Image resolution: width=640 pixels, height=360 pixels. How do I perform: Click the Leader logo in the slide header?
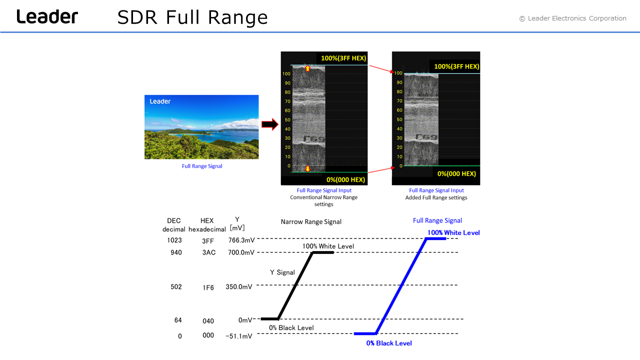click(47, 16)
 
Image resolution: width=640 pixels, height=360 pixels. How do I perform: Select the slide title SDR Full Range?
click(192, 17)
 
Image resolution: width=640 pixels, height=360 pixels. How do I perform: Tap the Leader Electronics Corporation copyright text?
click(573, 18)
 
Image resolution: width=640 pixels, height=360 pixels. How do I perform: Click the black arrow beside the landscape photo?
click(269, 124)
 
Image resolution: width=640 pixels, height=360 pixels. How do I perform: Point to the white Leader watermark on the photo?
click(160, 101)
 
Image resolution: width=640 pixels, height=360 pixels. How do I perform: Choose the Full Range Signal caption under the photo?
click(202, 166)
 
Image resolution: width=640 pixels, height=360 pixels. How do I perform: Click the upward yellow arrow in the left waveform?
click(307, 68)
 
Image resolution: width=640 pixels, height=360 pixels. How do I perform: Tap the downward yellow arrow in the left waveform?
click(307, 169)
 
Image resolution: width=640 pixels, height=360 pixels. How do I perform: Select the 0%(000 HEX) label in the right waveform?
click(456, 173)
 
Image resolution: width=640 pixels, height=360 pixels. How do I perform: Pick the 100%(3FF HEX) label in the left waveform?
click(343, 58)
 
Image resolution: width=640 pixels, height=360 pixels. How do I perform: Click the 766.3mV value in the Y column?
click(241, 240)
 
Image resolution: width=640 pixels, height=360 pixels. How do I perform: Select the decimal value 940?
click(176, 252)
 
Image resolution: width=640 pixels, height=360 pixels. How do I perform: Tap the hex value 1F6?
click(208, 287)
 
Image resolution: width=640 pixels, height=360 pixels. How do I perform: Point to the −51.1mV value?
click(239, 336)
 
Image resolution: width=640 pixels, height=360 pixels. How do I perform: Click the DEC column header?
click(173, 220)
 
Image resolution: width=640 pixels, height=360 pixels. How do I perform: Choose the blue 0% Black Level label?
click(389, 343)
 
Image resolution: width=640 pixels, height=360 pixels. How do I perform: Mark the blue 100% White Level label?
click(453, 232)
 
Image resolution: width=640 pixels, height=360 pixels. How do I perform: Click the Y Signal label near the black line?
click(282, 272)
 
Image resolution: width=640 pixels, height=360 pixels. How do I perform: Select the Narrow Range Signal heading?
click(311, 221)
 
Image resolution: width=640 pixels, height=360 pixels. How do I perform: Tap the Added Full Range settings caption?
click(436, 197)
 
